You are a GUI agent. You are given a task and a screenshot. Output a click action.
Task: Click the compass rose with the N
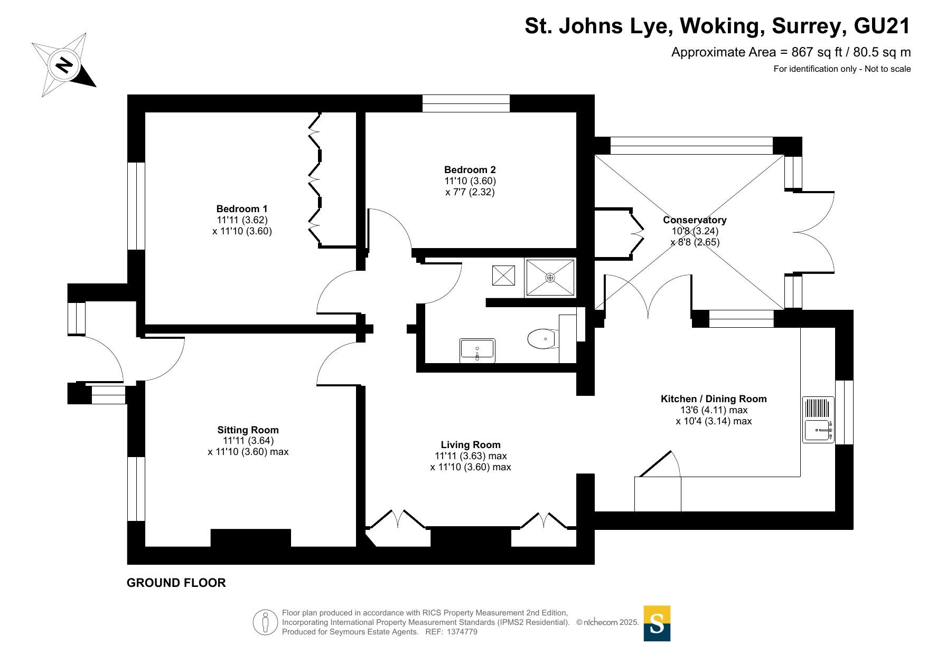[x=64, y=65]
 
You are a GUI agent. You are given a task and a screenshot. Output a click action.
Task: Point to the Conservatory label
[x=695, y=220]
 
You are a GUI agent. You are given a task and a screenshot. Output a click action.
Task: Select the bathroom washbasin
[x=477, y=350]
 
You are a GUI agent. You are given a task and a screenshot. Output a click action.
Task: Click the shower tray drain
[x=550, y=278]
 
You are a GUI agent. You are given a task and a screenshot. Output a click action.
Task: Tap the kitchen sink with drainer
[x=818, y=420]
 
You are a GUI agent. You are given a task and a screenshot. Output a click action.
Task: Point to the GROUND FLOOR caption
[x=176, y=583]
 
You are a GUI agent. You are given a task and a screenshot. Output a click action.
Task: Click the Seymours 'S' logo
[x=657, y=623]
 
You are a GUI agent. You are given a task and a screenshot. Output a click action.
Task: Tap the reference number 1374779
[x=462, y=632]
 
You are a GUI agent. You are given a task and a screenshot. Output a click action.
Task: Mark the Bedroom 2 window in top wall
[x=466, y=103]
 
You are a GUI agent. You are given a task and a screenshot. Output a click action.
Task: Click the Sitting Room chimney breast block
[x=251, y=538]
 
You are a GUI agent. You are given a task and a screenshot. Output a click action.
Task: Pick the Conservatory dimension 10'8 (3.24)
[x=695, y=231]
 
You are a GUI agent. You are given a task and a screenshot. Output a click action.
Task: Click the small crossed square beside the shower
[x=503, y=276]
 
